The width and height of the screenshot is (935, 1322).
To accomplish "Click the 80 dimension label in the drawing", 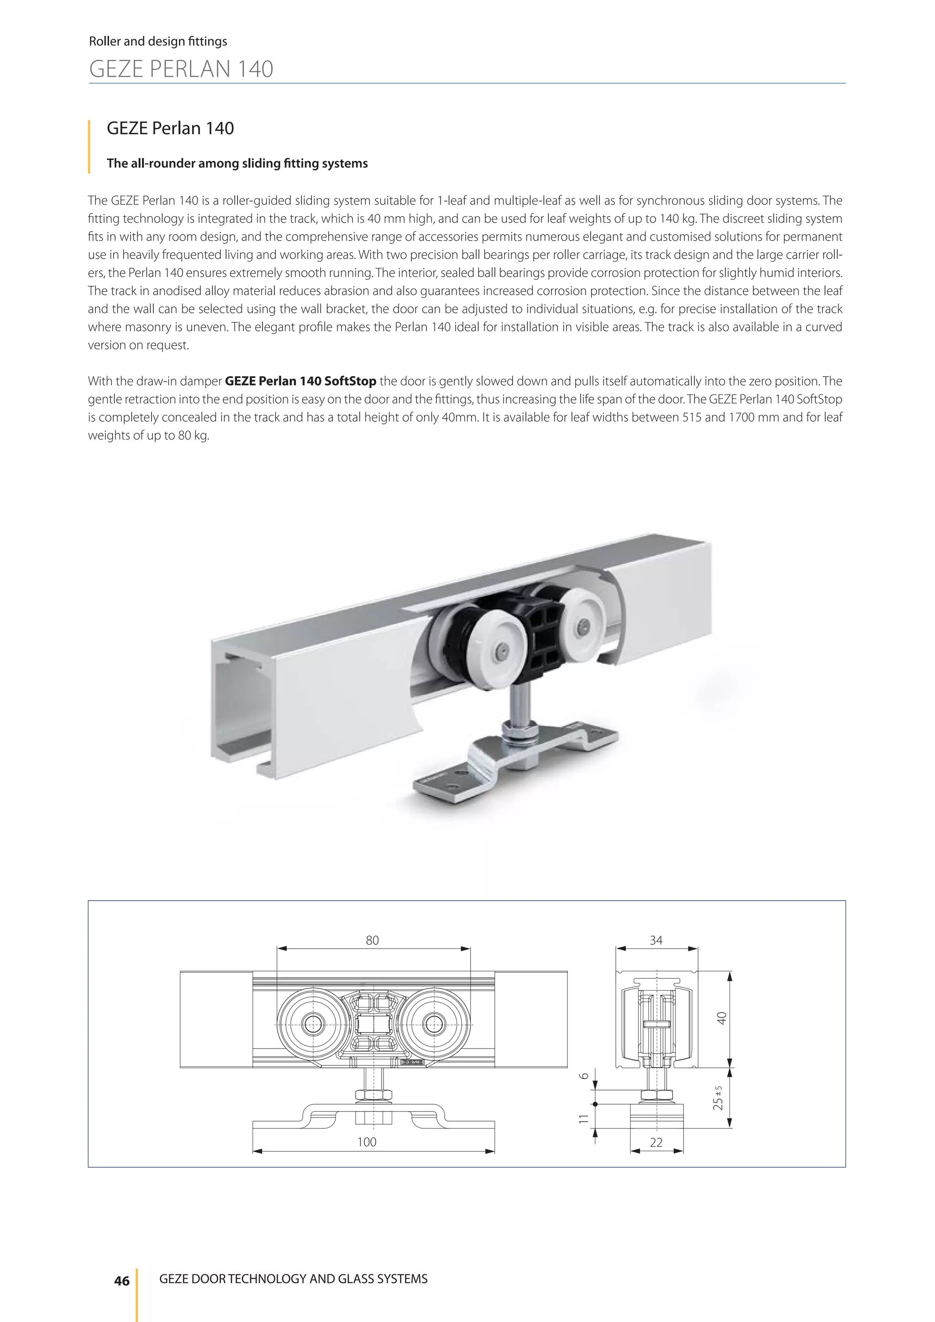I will (x=373, y=940).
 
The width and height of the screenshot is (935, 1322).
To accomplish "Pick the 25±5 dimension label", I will (x=718, y=1097).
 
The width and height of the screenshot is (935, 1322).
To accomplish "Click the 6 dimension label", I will (x=584, y=1075).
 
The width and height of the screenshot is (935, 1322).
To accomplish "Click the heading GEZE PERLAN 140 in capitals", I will (x=181, y=69).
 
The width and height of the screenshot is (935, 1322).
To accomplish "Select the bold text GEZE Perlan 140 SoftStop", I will (x=300, y=381).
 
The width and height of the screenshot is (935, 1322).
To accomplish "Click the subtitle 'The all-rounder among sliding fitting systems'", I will (x=237, y=163).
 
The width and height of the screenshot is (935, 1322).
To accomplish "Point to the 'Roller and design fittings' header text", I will (x=158, y=42).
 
